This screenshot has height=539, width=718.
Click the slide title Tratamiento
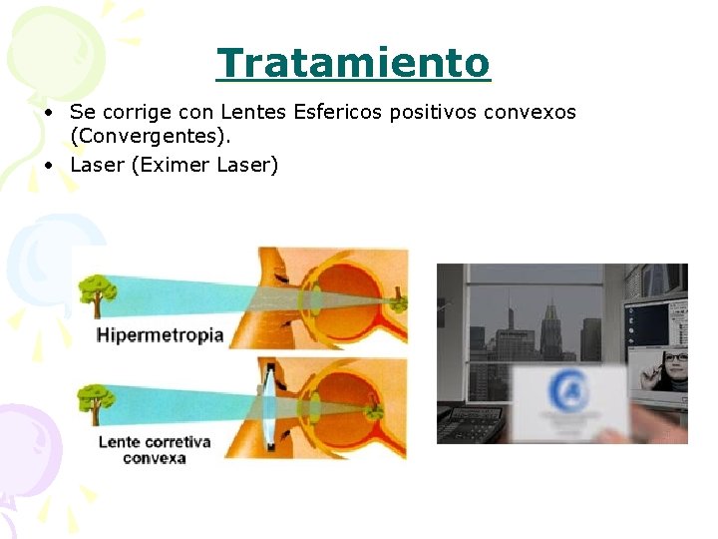click(x=354, y=63)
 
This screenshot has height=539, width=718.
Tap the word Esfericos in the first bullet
click(x=337, y=112)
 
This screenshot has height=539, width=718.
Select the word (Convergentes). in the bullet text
click(x=151, y=136)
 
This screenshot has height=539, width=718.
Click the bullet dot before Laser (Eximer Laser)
click(x=48, y=165)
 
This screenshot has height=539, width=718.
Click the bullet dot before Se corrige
click(x=48, y=112)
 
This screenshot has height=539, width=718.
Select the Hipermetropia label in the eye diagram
click(x=160, y=335)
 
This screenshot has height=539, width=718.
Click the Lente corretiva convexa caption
click(x=155, y=449)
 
